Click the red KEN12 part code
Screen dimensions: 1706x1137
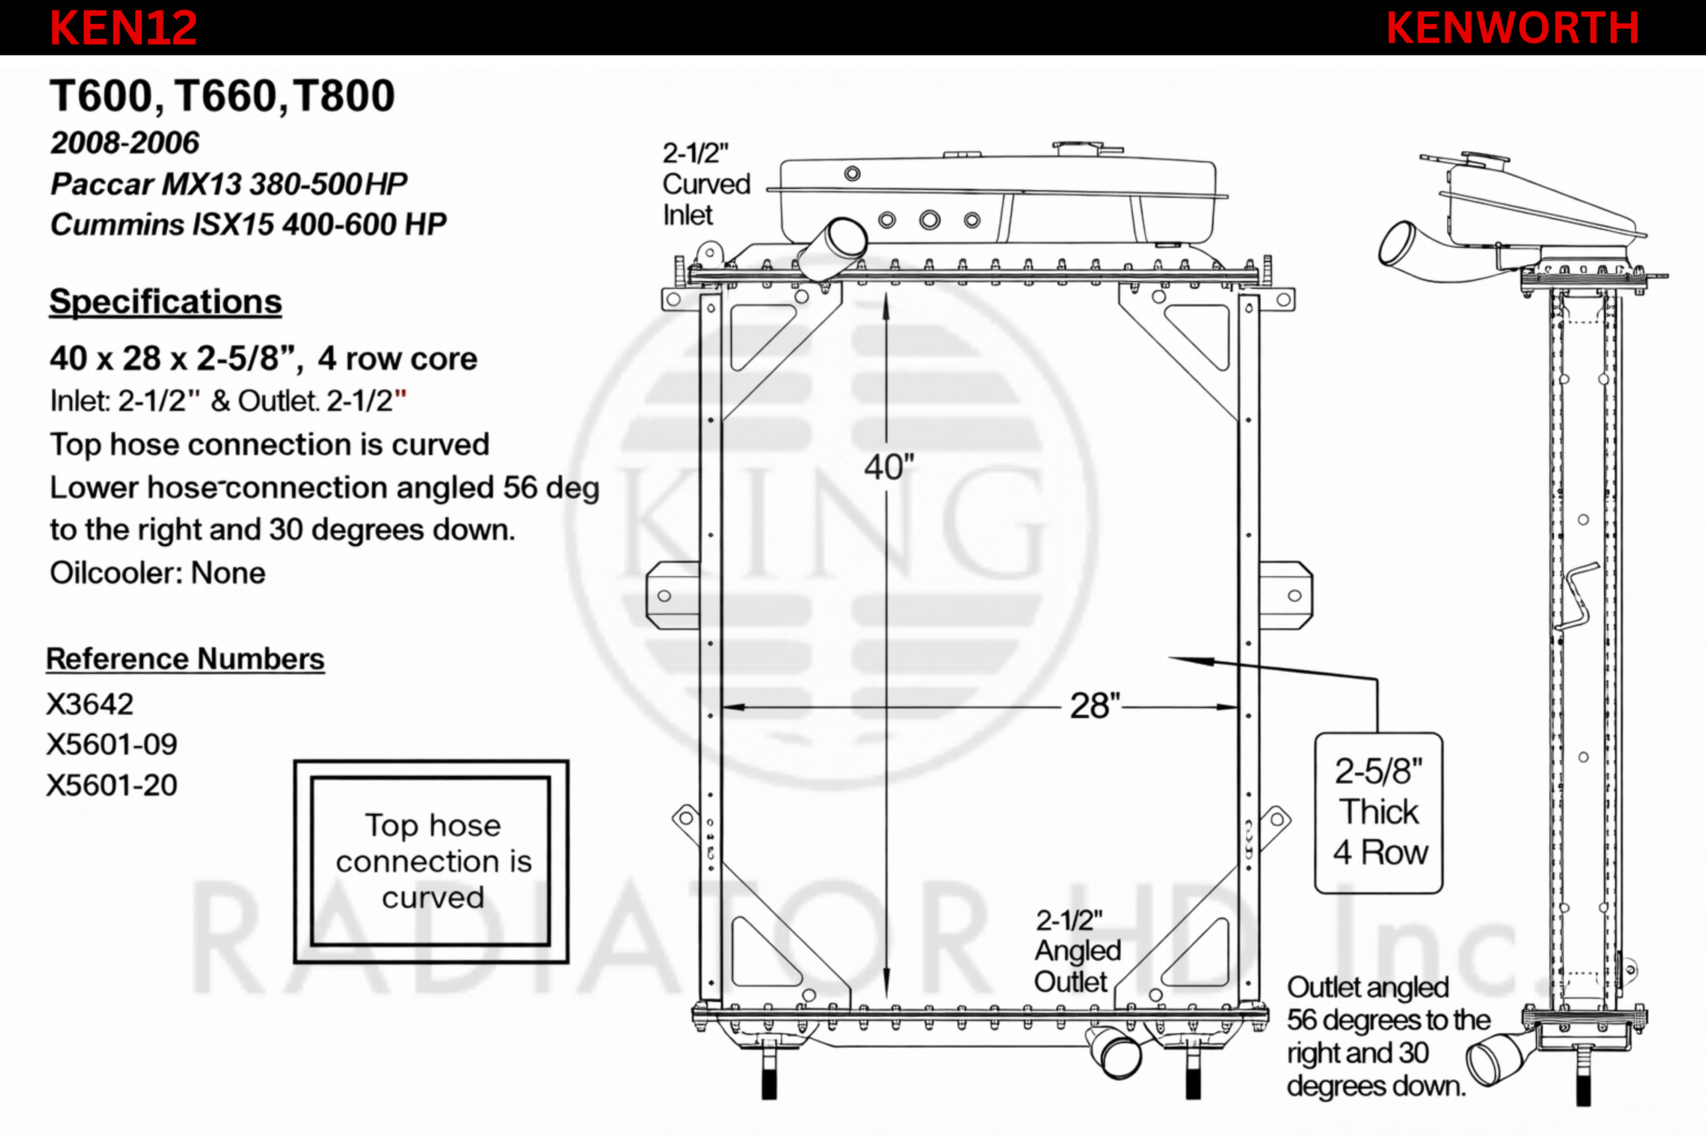click(123, 28)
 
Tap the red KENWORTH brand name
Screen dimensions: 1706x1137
click(1512, 28)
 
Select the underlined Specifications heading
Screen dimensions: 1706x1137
click(165, 302)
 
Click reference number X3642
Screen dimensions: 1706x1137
click(90, 704)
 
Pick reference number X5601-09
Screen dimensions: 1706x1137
click(112, 745)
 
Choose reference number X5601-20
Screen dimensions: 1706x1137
click(112, 785)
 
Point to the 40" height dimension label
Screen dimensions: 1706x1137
click(889, 468)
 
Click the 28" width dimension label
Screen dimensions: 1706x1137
click(1096, 706)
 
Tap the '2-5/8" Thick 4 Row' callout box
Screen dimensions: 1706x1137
click(1379, 813)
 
